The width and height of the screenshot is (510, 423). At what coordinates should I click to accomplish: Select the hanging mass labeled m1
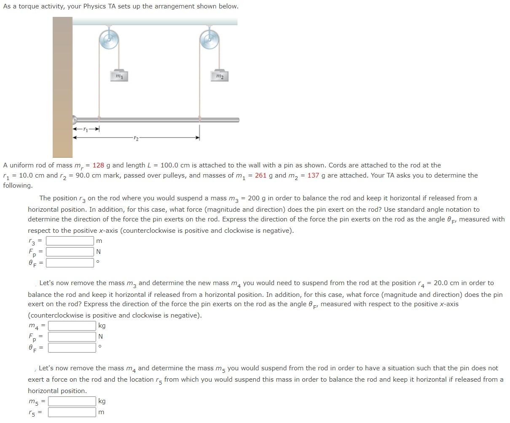tap(119, 75)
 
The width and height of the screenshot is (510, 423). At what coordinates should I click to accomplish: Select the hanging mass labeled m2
tap(219, 75)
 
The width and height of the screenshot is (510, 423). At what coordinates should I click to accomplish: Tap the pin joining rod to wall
tap(75, 119)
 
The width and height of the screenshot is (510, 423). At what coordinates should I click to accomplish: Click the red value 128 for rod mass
tap(98, 165)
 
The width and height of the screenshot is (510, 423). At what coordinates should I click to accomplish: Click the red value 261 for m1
tap(260, 175)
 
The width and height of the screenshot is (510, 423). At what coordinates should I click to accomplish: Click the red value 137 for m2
tap(313, 175)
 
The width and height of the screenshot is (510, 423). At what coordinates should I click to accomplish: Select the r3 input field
tap(70, 241)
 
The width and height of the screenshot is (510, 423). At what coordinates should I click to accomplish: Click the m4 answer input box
tap(72, 326)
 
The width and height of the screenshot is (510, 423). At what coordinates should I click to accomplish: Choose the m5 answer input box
tap(72, 401)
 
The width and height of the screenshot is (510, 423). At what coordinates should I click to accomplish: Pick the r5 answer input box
tap(72, 412)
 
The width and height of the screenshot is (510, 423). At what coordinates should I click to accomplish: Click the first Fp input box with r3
tap(70, 252)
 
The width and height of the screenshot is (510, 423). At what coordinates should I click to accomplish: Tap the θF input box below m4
tap(72, 348)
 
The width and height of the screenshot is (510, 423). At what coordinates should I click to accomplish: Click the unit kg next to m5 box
tap(102, 401)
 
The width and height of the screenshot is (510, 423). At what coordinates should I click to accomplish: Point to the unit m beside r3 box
tap(99, 241)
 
